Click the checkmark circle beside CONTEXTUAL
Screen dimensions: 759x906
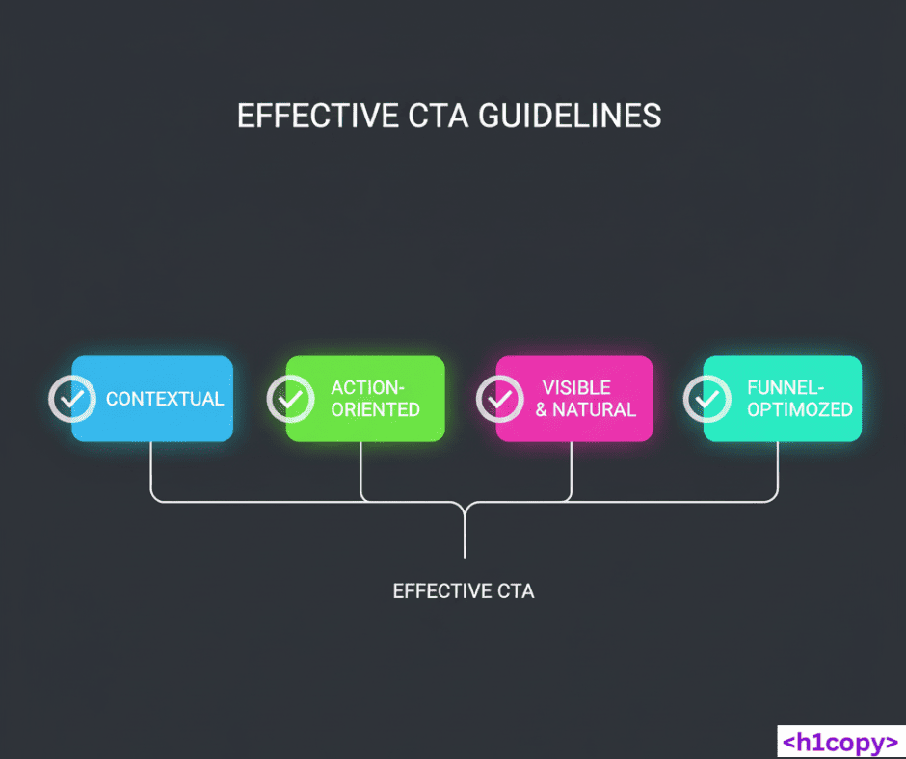pos(72,398)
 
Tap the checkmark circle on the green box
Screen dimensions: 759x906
pos(290,398)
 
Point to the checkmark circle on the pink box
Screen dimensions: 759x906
pos(500,398)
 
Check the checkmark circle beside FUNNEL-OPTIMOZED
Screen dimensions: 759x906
pos(707,398)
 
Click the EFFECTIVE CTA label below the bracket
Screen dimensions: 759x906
pos(464,590)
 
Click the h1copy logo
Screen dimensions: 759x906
pos(839,742)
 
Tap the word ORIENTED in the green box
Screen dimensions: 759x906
pos(375,409)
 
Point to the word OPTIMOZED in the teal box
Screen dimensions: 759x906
pos(800,409)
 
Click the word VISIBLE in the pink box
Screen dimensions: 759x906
pos(576,387)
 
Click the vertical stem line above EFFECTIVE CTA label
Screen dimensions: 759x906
pos(465,535)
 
